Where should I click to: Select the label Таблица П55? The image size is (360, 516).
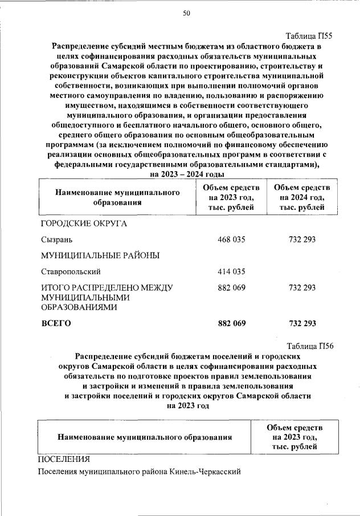coord(308,36)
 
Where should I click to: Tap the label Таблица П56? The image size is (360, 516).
coord(308,346)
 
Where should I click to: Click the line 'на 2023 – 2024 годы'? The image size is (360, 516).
coord(186,173)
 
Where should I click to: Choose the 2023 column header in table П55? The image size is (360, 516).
coord(231,197)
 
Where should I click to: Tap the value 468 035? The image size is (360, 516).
coord(231,239)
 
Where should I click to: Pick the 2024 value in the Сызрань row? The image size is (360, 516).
coord(302,239)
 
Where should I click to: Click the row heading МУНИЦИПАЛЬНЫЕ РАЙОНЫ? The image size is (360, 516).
coord(100,255)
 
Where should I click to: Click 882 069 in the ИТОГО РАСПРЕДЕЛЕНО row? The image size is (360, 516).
coord(231,288)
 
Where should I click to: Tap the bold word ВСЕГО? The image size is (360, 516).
coord(56,324)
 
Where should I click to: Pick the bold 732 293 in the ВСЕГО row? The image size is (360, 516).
coord(302,324)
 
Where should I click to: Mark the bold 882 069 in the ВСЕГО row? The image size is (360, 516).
coord(231,324)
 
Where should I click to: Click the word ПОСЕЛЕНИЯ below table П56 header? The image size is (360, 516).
coord(64,458)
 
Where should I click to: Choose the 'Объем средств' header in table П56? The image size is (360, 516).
coord(294,428)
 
